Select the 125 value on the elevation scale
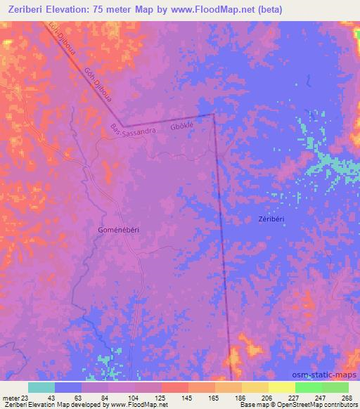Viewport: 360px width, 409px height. point(160,398)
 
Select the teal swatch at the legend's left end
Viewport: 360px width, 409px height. point(41,387)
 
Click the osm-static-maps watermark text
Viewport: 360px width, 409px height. point(329,375)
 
